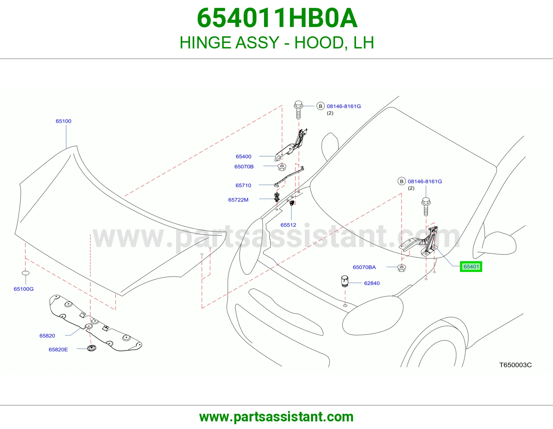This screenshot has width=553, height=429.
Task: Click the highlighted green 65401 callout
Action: pyautogui.click(x=471, y=266)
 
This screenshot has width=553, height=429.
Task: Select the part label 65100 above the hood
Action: pyautogui.click(x=64, y=121)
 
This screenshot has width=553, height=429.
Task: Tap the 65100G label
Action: pyautogui.click(x=24, y=289)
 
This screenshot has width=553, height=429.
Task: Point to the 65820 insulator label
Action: pyautogui.click(x=47, y=336)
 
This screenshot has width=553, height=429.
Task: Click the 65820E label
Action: pyautogui.click(x=58, y=349)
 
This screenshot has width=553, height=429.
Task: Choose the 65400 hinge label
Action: pyautogui.click(x=244, y=156)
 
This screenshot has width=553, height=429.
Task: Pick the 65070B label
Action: pyautogui.click(x=244, y=166)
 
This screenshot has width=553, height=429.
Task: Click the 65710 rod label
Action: pyautogui.click(x=243, y=185)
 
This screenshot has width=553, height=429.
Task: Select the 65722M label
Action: pyautogui.click(x=238, y=200)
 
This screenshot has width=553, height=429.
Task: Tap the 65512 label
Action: pyautogui.click(x=288, y=225)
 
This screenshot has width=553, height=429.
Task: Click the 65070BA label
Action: pyautogui.click(x=364, y=267)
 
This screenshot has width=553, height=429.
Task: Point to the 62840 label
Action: pyautogui.click(x=372, y=283)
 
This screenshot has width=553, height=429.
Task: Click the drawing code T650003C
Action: pyautogui.click(x=515, y=365)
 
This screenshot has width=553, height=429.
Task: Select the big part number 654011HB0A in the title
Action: pyautogui.click(x=278, y=18)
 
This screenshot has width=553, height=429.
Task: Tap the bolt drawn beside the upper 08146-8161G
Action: pyautogui.click(x=299, y=110)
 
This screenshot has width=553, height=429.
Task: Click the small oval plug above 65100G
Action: pyautogui.click(x=26, y=273)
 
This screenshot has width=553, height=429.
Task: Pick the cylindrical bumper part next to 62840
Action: pyautogui.click(x=345, y=281)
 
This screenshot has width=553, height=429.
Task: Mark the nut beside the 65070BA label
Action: pyautogui.click(x=402, y=268)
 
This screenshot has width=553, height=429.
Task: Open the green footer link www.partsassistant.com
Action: pyautogui.click(x=276, y=417)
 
